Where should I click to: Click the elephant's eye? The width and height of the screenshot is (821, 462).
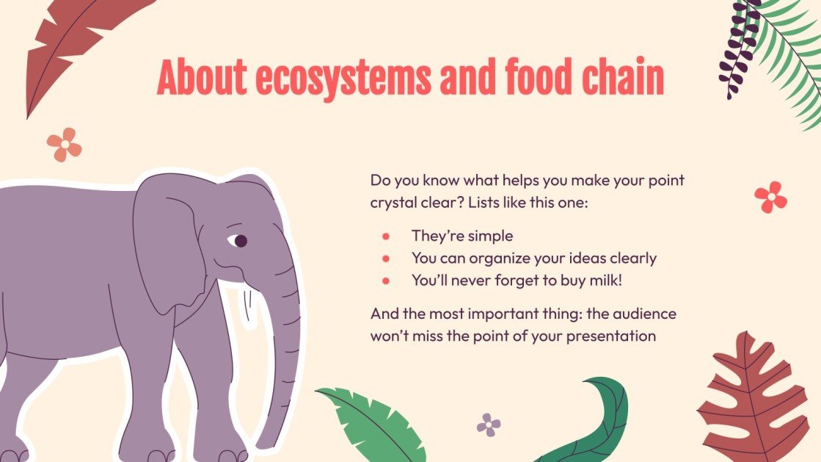[x=239, y=241]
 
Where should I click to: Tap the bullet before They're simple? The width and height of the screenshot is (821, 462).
[x=385, y=237]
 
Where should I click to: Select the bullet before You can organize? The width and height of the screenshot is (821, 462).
[x=385, y=259]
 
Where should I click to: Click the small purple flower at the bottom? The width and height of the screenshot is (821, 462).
[x=489, y=425]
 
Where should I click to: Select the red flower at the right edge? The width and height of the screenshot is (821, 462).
[x=770, y=197]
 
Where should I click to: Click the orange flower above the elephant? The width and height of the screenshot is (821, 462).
[x=65, y=145]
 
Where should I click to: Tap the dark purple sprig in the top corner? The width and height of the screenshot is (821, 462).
[x=737, y=48]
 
